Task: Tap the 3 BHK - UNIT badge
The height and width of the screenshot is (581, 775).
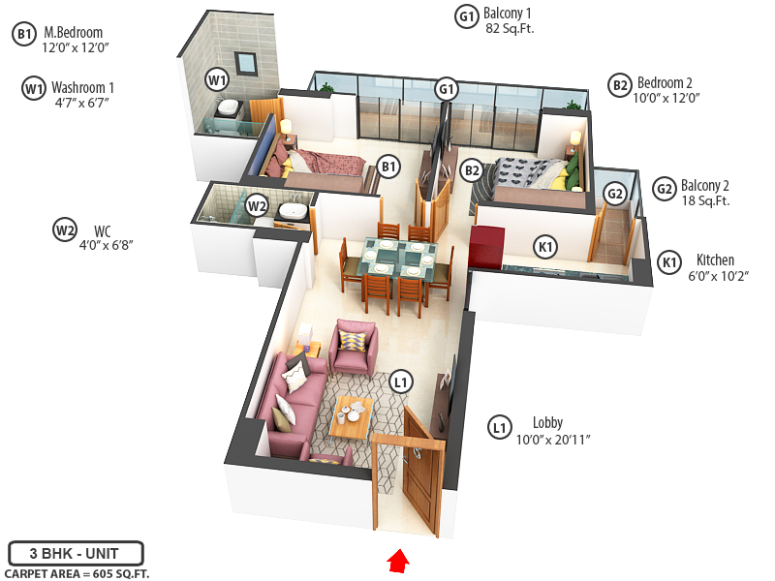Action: pos(76,554)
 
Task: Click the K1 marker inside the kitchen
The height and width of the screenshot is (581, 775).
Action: pos(545,248)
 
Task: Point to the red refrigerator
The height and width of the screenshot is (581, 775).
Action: pos(483,248)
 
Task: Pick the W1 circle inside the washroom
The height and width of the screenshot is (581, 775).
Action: pos(217,78)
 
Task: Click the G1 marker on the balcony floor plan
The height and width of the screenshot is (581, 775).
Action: pos(446,89)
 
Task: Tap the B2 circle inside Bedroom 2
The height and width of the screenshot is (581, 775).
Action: pos(472,170)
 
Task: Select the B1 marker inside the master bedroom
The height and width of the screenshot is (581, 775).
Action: pos(388,168)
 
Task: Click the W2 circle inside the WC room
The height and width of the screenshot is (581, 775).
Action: pos(256,205)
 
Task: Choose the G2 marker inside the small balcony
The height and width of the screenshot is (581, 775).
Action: pos(614,194)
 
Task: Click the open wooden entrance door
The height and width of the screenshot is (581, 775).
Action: pos(423,466)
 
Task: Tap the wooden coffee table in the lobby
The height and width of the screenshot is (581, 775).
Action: pos(351,417)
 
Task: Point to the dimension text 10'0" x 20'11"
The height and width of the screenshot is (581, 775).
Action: pos(553,440)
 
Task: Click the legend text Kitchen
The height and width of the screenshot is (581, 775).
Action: pos(715,260)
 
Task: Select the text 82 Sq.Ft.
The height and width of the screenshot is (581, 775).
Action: pos(510,29)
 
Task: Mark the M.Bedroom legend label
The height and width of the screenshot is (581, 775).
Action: pos(74,32)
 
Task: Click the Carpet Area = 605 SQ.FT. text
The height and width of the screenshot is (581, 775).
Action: pos(77,574)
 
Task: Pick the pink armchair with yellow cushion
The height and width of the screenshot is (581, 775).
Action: pos(352,348)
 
